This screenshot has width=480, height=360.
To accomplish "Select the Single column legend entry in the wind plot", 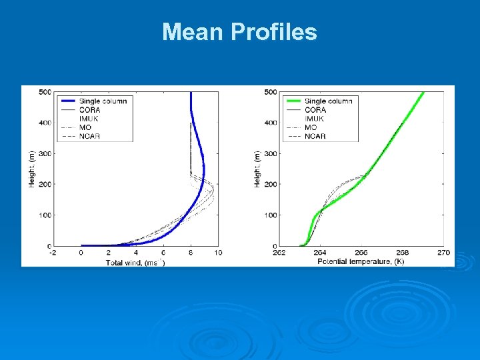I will click(x=103, y=101).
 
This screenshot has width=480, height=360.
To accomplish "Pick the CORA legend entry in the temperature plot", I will click(x=315, y=109).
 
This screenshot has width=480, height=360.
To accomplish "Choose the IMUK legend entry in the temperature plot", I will click(x=315, y=118).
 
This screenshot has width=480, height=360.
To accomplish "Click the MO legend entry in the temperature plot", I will click(x=311, y=127).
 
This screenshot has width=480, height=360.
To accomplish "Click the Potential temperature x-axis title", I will click(x=361, y=262).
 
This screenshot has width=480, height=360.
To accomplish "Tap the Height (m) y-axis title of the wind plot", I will click(x=31, y=168).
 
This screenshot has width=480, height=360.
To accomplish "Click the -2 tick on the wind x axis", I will click(x=53, y=253).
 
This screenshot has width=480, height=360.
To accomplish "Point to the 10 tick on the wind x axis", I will click(x=218, y=253).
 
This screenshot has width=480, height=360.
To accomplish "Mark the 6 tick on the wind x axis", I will click(x=163, y=253).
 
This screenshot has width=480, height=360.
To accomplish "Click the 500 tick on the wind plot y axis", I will click(x=45, y=91).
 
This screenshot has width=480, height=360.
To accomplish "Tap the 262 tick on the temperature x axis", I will click(x=279, y=253).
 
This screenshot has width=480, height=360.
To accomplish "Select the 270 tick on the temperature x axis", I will click(x=444, y=253).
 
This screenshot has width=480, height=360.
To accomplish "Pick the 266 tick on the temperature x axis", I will click(x=361, y=253).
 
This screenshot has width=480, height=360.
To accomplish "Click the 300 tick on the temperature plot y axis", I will click(x=270, y=153).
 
